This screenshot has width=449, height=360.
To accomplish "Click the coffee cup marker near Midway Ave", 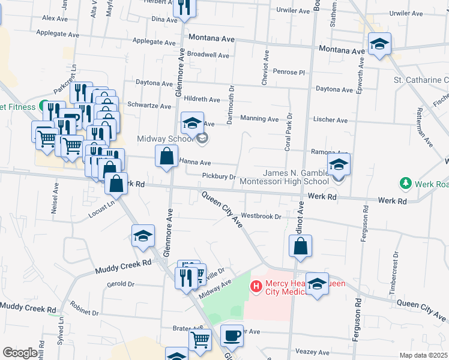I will tap(232, 336).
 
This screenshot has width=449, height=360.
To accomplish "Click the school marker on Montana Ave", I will tap(379, 44).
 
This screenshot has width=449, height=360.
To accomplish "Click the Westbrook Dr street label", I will tap(261, 216).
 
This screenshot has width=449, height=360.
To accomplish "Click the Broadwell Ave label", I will tap(208, 55).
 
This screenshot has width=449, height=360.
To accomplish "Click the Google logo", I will tap(20, 353).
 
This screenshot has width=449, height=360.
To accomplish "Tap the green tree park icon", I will tap(406, 182).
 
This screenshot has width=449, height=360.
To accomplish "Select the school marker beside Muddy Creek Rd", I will tap(143, 236).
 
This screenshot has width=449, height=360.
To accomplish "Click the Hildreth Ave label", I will tap(202, 99).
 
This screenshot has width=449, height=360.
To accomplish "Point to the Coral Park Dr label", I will tap(288, 131).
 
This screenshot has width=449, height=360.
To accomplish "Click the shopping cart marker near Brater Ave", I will tap(200, 340).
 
